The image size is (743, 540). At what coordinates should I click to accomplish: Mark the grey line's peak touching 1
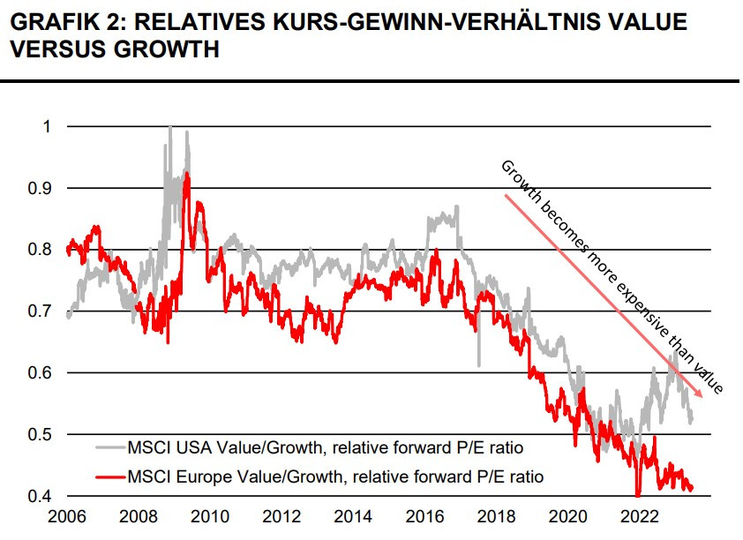[169, 128]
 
